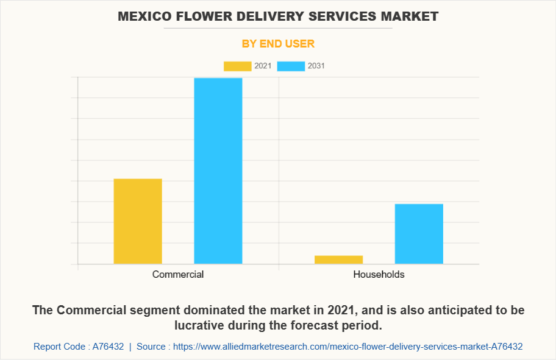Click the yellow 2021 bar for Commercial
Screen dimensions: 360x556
(x=138, y=221)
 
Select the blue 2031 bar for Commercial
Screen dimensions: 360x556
(x=218, y=171)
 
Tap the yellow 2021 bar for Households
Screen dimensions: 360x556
(x=338, y=259)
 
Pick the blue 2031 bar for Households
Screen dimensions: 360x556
(x=419, y=234)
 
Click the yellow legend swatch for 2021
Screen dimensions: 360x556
(x=237, y=66)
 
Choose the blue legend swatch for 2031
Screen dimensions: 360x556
(x=291, y=66)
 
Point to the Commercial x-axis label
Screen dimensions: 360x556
(x=178, y=274)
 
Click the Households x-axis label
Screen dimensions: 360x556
(x=379, y=274)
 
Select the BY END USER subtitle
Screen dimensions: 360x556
(x=278, y=44)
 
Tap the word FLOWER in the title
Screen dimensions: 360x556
(x=201, y=16)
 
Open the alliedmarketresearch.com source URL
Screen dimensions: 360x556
(x=347, y=346)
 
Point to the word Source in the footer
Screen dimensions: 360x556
(x=151, y=346)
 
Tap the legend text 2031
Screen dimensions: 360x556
(x=316, y=66)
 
